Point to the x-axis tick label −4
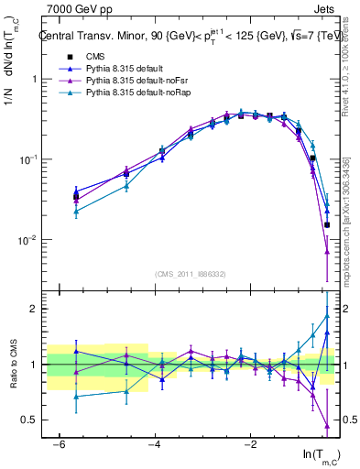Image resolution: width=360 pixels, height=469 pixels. click(x=155, y=444)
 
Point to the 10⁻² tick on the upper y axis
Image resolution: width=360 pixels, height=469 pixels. click(x=27, y=240)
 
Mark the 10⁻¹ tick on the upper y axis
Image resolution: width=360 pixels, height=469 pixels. click(x=27, y=159)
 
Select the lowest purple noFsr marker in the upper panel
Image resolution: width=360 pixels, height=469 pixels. click(x=327, y=252)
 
